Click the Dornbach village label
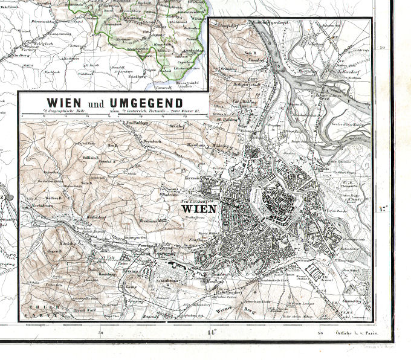(x=155, y=142)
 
